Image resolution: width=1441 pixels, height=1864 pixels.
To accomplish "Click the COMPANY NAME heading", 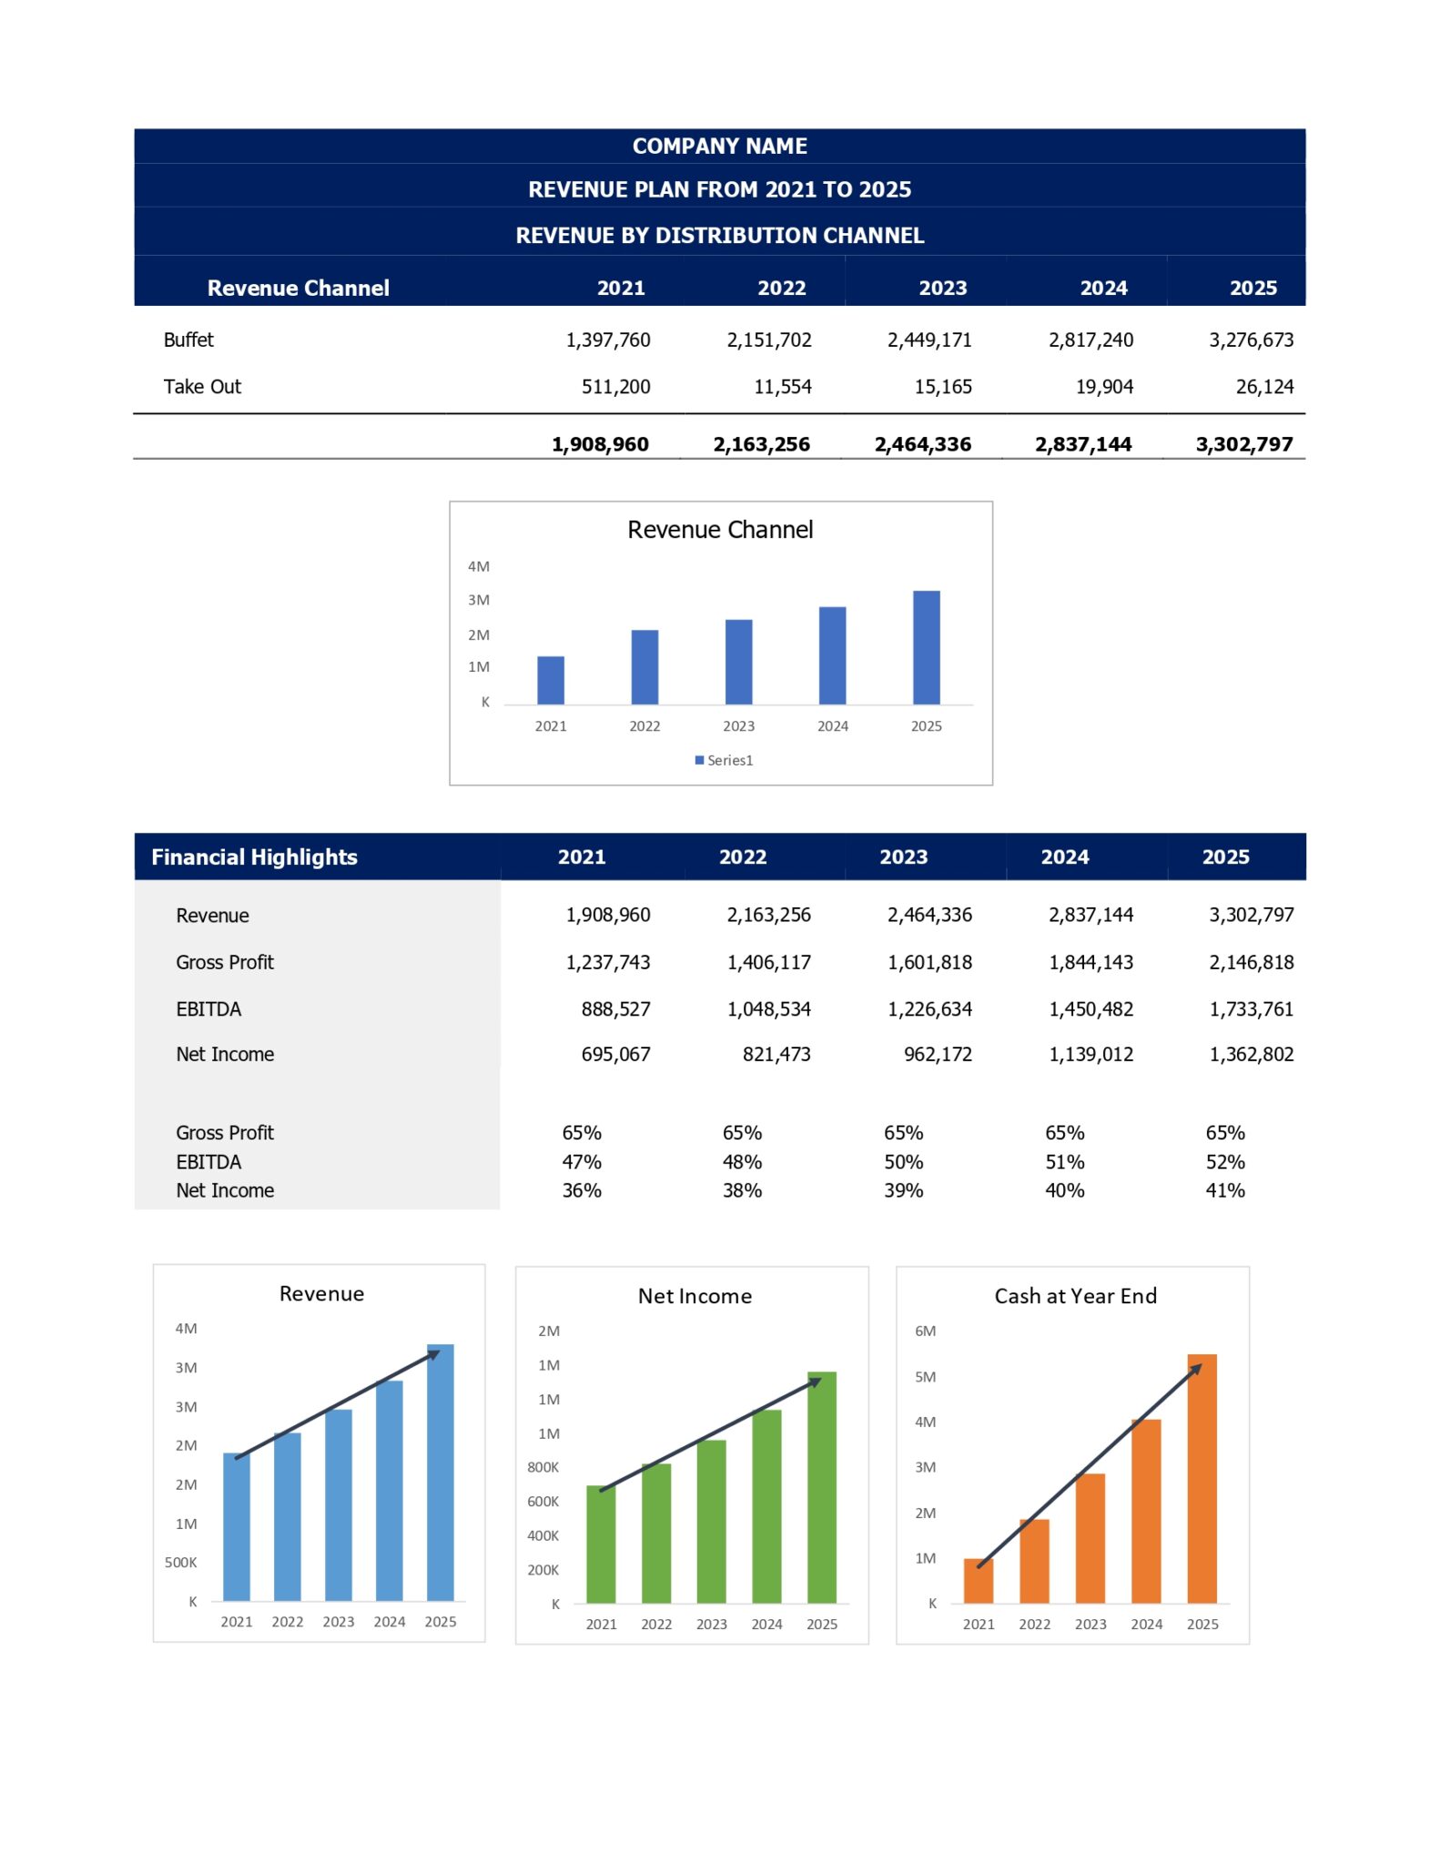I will click(x=719, y=147).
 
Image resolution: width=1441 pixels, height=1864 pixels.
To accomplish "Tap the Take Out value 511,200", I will click(x=615, y=387).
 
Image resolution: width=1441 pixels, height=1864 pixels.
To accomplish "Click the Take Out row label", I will click(x=202, y=387).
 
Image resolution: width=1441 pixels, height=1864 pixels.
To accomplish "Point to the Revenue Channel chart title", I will click(x=719, y=530).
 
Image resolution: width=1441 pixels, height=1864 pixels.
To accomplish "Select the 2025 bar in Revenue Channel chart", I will click(x=926, y=647).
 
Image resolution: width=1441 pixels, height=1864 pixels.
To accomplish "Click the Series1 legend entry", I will click(x=725, y=760).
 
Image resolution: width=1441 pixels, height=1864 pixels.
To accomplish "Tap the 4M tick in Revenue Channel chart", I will click(x=478, y=566).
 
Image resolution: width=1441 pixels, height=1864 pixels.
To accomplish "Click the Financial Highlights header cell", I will click(x=254, y=857).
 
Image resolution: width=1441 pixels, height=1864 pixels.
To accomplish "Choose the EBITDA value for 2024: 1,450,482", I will click(x=1091, y=1009).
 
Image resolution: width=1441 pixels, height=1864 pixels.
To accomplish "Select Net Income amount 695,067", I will click(x=615, y=1055).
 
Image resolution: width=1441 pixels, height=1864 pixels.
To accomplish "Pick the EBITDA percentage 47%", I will click(x=581, y=1162).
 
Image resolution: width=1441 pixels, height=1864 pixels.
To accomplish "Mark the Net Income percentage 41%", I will click(x=1224, y=1190).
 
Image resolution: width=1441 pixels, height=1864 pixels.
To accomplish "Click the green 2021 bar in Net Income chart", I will click(x=601, y=1545).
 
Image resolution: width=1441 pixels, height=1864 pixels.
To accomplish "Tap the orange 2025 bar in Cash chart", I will click(x=1202, y=1479).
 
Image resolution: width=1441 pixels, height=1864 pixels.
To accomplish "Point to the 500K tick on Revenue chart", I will click(x=180, y=1563).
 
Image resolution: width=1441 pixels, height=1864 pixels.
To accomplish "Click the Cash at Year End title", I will click(x=1075, y=1296).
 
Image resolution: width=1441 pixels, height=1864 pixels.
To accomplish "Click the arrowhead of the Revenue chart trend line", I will click(x=435, y=1354).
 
